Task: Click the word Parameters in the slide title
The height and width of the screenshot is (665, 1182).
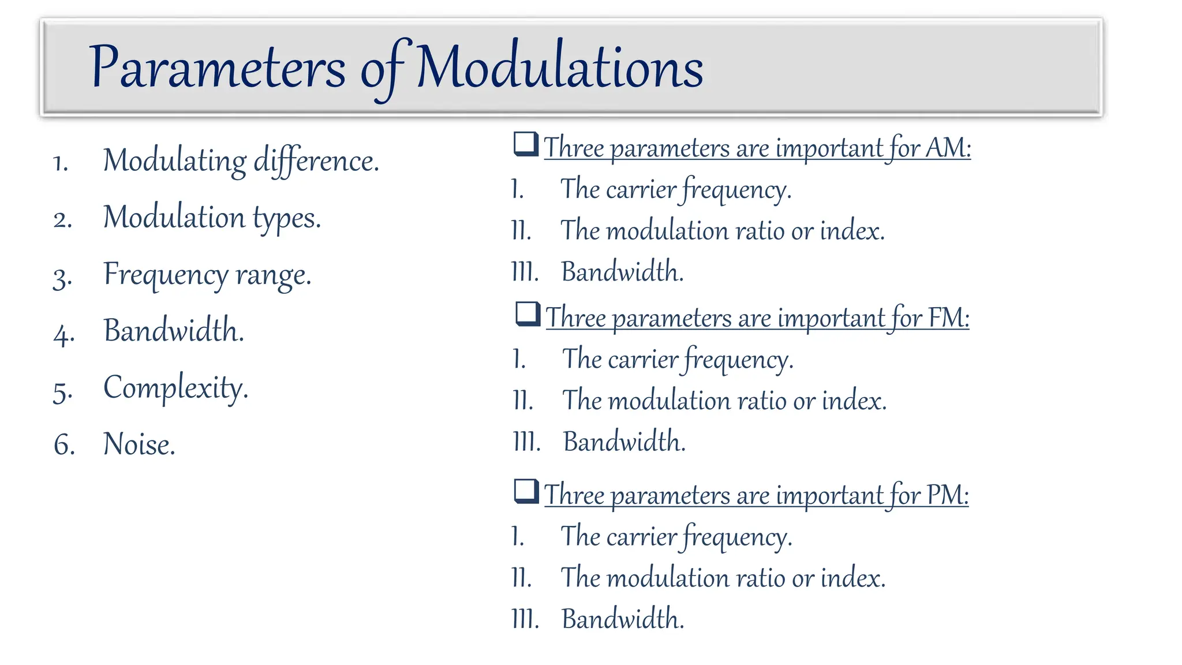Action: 217,68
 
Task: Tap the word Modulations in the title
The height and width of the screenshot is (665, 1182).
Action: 559,68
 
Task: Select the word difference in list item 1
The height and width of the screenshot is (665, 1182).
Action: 316,160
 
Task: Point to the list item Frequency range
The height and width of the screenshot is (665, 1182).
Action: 207,275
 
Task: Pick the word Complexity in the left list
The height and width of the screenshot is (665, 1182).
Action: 175,388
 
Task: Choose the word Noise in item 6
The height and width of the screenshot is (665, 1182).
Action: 139,444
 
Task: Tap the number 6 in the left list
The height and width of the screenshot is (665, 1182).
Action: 64,445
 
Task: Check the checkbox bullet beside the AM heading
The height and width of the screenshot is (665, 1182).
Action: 526,144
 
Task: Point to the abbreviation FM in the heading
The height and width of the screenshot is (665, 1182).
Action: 948,317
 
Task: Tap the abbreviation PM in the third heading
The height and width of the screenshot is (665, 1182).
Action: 947,495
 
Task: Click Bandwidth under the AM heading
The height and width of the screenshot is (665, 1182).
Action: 622,272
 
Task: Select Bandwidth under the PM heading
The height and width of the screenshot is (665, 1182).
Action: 623,619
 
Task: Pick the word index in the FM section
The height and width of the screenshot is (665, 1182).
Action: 854,401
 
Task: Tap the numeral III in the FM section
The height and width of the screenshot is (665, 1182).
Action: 526,442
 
